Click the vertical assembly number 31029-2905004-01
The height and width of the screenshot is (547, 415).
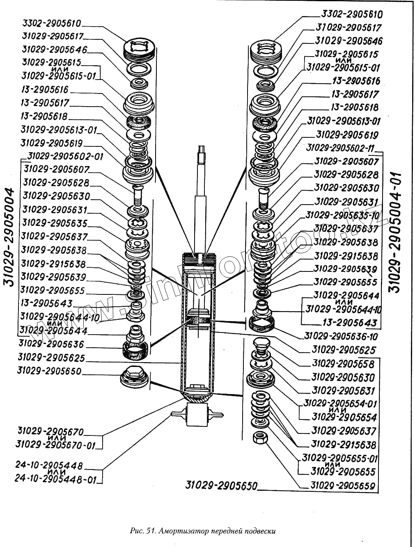396,232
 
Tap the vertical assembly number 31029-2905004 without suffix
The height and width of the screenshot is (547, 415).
11,238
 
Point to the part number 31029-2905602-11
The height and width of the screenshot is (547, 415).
340,148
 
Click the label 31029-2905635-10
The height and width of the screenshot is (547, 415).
341,215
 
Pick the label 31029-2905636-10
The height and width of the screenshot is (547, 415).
341,336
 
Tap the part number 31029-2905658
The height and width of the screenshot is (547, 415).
343,364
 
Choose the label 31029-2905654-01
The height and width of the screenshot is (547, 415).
340,403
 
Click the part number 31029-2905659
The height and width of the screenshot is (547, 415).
343,486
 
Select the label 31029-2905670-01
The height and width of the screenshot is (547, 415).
55,445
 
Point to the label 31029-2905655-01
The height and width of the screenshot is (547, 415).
340,458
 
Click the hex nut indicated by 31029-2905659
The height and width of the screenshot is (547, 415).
259,438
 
